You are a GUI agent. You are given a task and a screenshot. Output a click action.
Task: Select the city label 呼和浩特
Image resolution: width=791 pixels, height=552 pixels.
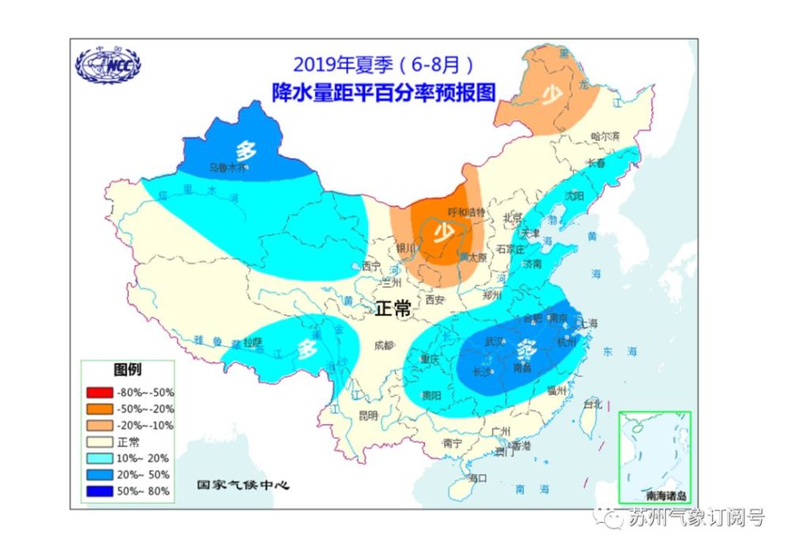[x=465, y=212]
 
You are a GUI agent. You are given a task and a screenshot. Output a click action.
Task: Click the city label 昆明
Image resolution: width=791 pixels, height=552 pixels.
[x=368, y=414]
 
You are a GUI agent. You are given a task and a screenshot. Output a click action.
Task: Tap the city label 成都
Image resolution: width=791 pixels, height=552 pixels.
[x=384, y=344]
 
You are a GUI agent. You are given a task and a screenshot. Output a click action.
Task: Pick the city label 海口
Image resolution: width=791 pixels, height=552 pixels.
[x=478, y=478]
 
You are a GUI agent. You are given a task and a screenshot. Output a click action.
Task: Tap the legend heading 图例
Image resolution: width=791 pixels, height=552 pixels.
[x=128, y=369]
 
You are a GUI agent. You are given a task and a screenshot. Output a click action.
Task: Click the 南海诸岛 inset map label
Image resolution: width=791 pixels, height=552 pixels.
[x=665, y=497]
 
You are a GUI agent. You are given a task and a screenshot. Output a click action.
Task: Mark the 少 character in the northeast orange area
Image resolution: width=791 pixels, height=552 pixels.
[x=552, y=94]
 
